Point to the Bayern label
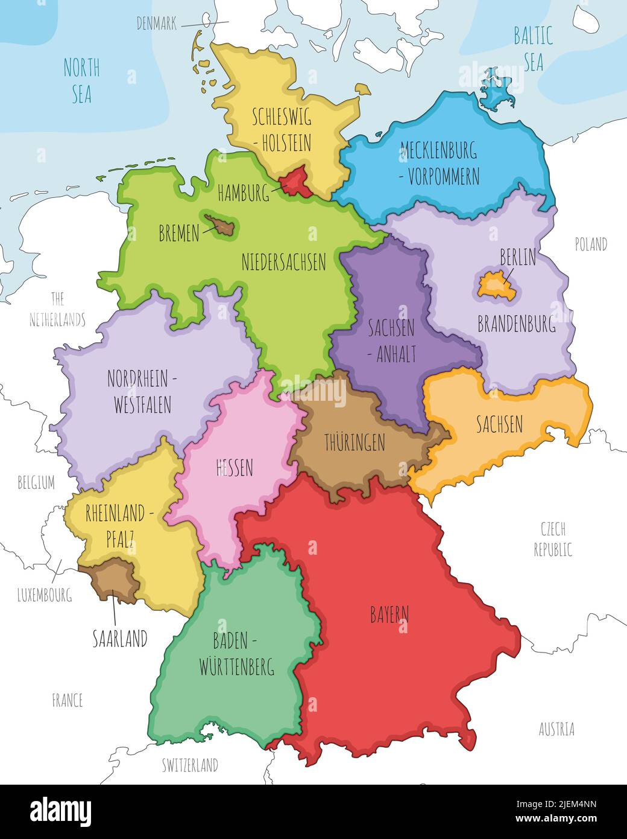(389, 615)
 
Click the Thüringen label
(354, 443)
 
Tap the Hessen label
(235, 467)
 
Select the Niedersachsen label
(283, 262)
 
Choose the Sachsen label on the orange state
(499, 424)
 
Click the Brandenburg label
(517, 324)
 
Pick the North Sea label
(81, 81)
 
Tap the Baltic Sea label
(533, 49)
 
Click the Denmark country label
(157, 24)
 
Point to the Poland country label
(590, 244)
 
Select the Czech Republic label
(553, 539)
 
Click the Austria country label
(556, 729)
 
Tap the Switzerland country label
(190, 765)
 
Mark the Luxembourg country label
(44, 595)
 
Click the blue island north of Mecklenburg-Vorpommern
(497, 91)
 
